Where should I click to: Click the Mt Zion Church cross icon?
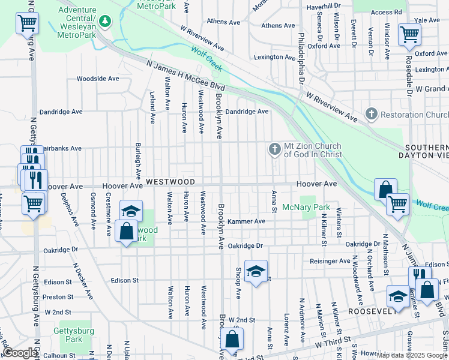(x=275, y=149)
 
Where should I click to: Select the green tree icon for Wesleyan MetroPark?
(x=106, y=22)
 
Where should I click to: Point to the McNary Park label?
(x=306, y=207)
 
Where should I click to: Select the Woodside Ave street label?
(x=98, y=79)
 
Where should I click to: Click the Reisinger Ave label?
(x=330, y=261)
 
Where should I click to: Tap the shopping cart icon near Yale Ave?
(x=409, y=34)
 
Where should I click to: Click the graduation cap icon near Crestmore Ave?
(x=130, y=211)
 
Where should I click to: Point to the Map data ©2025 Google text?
(x=412, y=355)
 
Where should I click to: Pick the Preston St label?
(x=58, y=296)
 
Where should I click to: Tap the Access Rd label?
(x=387, y=12)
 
